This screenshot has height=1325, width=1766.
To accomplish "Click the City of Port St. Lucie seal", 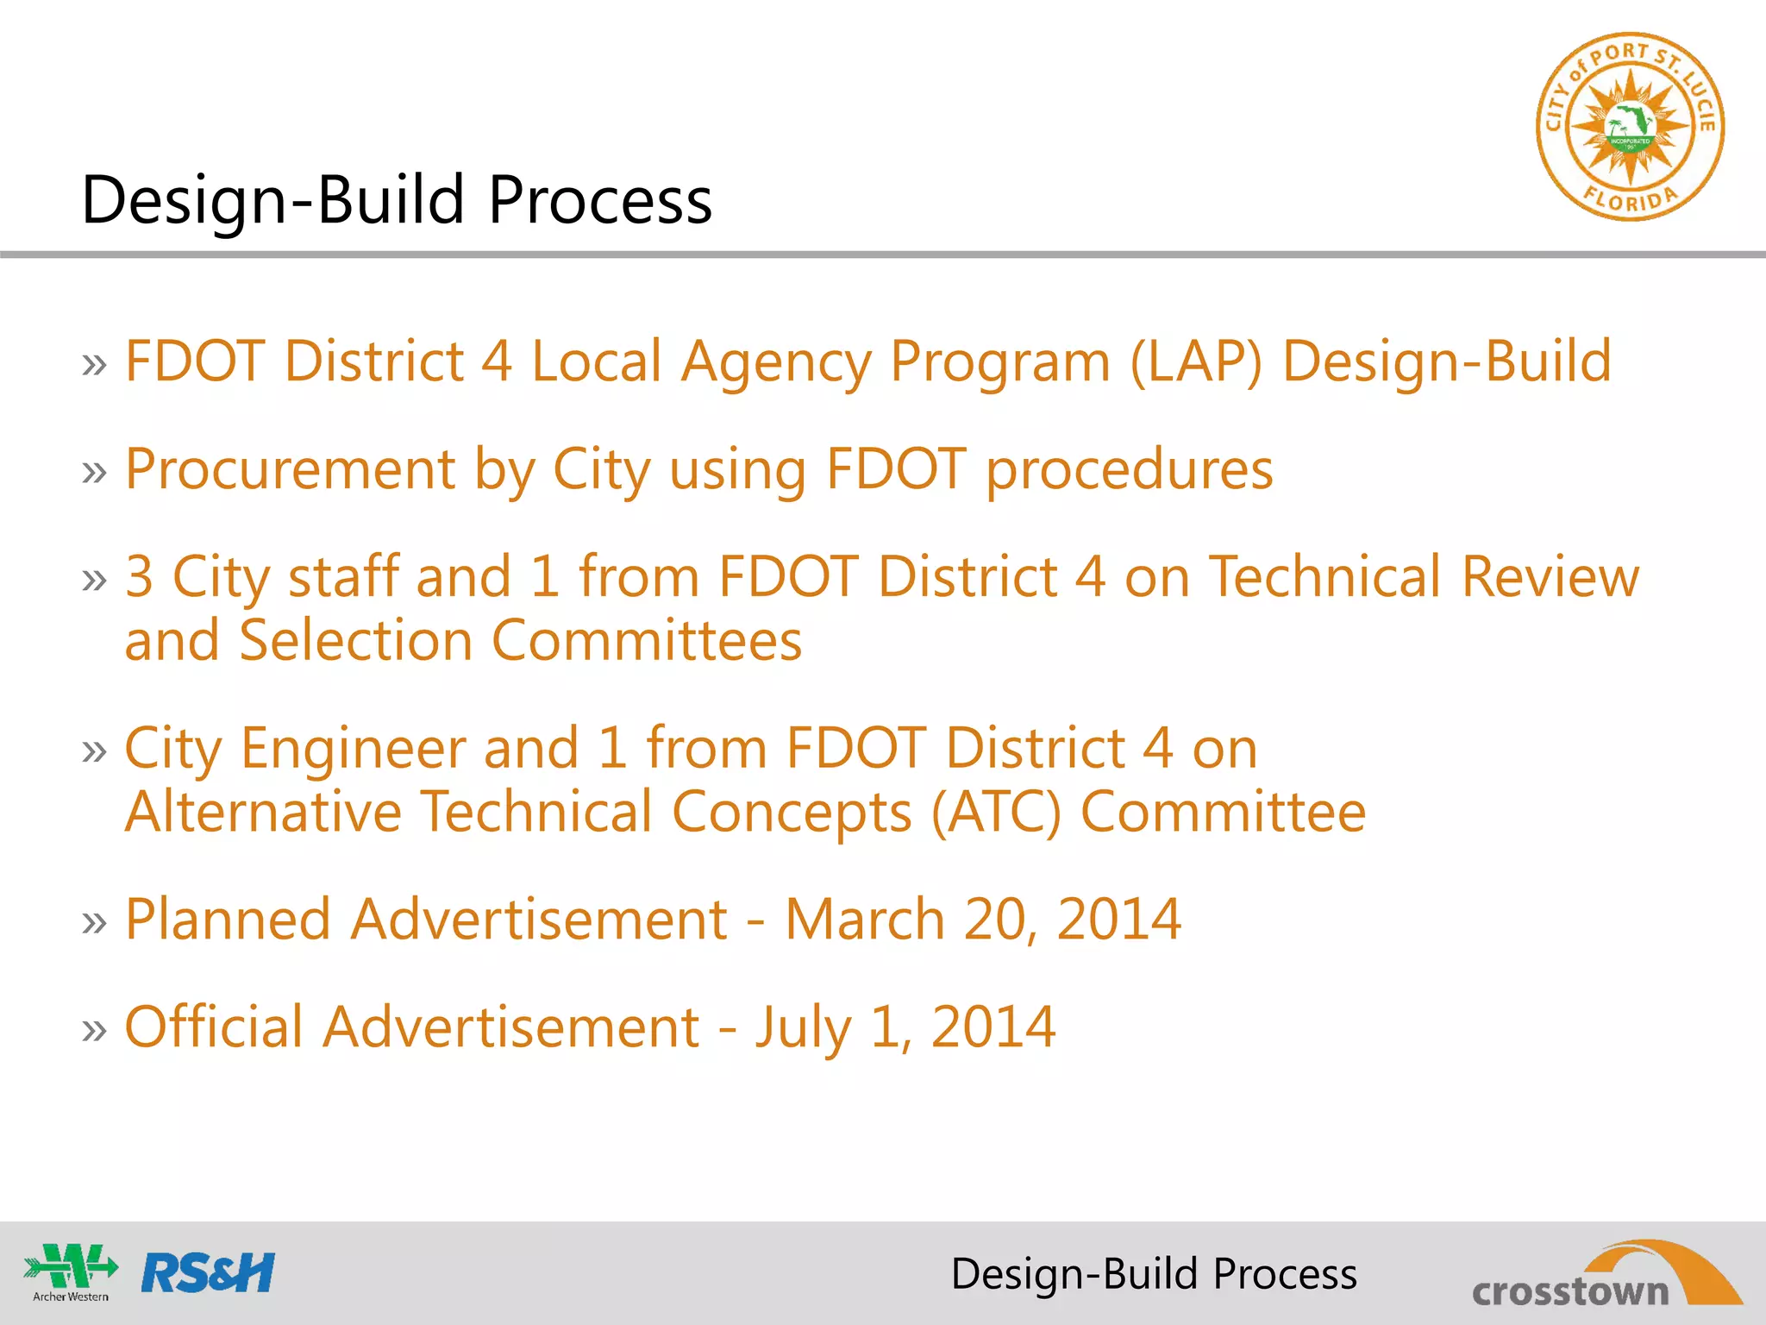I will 1630,127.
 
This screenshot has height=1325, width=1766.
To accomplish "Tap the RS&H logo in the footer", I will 208,1273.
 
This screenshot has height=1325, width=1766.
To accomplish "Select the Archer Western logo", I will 71,1272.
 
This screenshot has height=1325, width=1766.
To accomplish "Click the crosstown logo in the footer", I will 1605,1277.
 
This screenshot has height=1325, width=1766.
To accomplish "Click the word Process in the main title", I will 600,200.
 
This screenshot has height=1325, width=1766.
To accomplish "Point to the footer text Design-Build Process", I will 1154,1274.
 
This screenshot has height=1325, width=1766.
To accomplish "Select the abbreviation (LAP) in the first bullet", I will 1196,361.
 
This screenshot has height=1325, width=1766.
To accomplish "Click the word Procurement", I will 290,469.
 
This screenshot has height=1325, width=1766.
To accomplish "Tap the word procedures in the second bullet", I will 1129,471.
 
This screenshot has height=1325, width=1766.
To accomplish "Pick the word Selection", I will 355,641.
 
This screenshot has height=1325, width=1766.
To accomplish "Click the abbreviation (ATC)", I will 996,813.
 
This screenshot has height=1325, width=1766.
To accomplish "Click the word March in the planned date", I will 865,919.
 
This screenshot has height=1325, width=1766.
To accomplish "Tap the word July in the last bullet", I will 803,1028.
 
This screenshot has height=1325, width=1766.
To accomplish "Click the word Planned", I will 228,919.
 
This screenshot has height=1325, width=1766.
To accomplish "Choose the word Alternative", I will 263,813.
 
